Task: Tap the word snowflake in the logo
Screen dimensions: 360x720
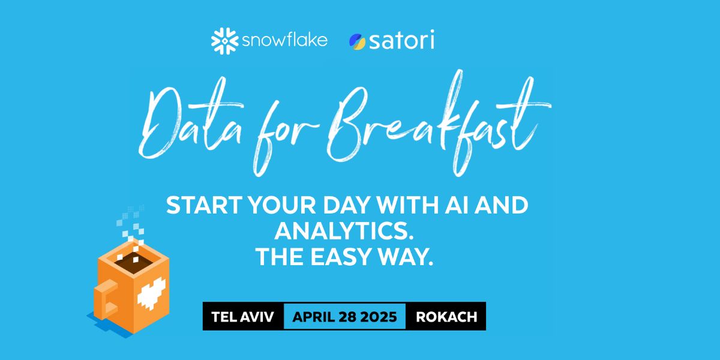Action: [x=284, y=41]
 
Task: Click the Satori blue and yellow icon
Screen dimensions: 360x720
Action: [x=358, y=41]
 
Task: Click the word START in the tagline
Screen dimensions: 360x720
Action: [x=200, y=206]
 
